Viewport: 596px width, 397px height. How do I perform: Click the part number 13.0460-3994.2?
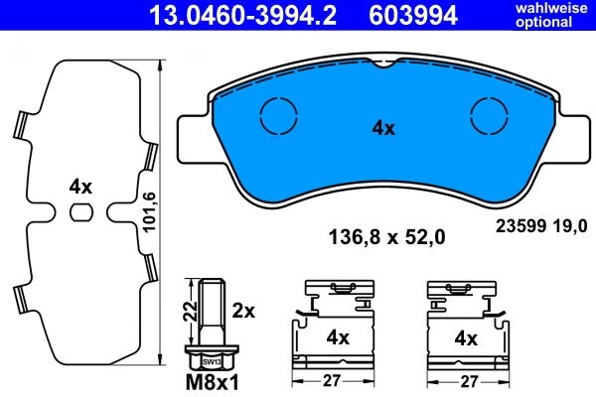(242, 15)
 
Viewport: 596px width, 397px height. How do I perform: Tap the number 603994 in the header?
(413, 15)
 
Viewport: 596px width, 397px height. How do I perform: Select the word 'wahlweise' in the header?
(551, 8)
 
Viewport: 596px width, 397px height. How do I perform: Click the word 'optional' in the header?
(544, 22)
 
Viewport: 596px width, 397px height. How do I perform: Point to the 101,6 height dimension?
(149, 212)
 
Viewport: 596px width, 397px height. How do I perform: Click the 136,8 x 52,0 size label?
(386, 238)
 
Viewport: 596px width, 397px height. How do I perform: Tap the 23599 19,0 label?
(541, 226)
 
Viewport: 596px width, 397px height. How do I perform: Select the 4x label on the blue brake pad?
(383, 128)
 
